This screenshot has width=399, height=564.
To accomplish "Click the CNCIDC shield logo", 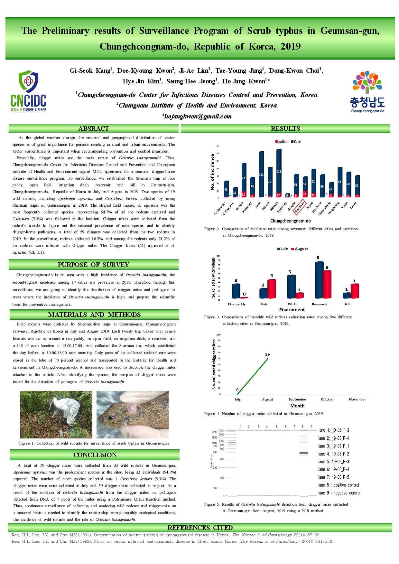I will (28, 92).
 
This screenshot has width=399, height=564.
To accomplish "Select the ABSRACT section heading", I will (94, 129).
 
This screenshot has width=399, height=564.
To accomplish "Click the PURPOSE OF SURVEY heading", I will (93, 265).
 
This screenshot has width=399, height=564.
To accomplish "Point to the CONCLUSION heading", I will (95, 455).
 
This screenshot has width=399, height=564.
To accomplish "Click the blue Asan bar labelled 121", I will (261, 174).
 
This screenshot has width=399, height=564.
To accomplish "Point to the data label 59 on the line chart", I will (267, 354).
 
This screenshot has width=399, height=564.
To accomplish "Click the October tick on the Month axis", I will (327, 399).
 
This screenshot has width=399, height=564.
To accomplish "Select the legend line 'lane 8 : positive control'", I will (339, 485).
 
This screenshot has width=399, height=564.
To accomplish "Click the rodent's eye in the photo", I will (111, 418).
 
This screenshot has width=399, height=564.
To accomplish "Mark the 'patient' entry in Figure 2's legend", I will (282, 142).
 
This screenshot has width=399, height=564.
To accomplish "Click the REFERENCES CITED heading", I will (200, 528).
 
